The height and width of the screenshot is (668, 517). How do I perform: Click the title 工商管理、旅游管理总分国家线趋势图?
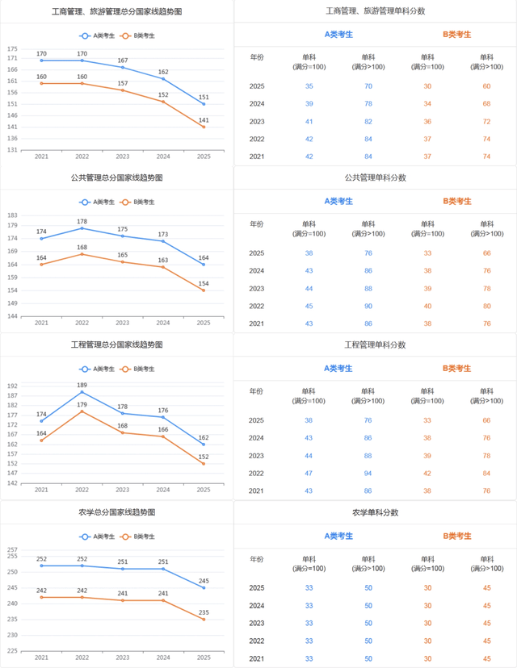click(116, 12)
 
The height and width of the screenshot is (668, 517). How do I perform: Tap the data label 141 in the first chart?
click(204, 120)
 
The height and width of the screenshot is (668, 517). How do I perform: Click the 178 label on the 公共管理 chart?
click(82, 221)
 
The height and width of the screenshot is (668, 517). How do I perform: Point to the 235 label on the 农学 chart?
click(204, 612)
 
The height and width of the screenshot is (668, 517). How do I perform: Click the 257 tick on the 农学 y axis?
click(12, 550)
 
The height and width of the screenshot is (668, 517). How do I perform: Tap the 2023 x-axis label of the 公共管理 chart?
click(122, 323)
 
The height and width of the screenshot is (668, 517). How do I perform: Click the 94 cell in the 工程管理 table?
click(368, 474)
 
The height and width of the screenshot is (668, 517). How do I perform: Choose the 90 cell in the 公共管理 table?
click(368, 307)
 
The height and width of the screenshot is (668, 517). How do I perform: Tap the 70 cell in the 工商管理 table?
click(368, 86)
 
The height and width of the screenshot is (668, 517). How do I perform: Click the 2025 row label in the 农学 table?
click(257, 588)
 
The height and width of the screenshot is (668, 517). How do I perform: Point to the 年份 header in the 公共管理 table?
click(257, 224)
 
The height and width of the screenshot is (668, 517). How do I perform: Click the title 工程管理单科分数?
click(375, 344)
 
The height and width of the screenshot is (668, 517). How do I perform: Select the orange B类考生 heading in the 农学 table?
click(456, 536)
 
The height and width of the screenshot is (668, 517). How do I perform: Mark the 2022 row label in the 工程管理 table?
click(257, 474)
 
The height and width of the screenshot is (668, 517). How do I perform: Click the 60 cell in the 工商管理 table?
click(486, 86)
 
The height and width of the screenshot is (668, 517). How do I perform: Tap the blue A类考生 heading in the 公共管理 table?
click(338, 201)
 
